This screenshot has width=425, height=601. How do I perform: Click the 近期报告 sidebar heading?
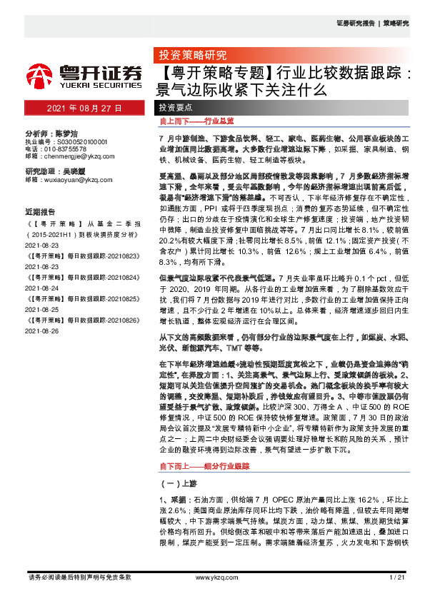[x=40, y=212]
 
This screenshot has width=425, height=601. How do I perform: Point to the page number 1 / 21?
[x=399, y=577]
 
